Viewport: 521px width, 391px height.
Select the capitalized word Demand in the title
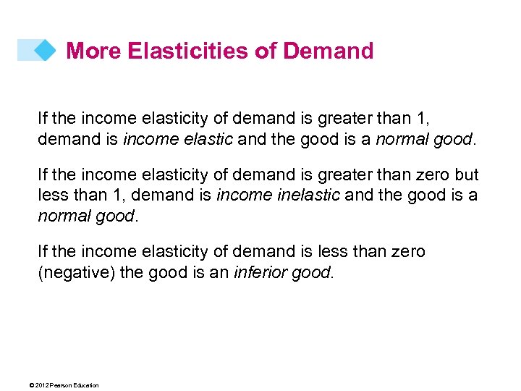tap(329, 51)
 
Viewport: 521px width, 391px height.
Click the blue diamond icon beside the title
tap(46, 50)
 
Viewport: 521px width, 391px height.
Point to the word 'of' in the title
tap(266, 51)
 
